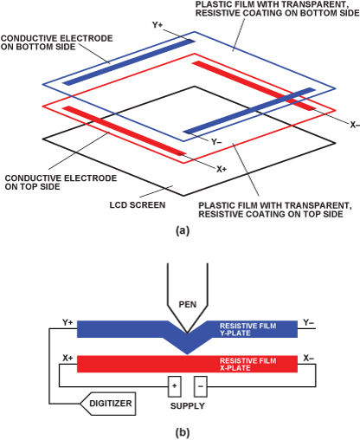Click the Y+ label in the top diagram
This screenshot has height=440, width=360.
157,25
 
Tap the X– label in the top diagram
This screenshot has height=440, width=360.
355,125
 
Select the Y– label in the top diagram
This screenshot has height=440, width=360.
216,142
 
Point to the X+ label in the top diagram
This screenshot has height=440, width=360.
222,169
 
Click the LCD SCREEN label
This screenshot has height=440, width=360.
138,205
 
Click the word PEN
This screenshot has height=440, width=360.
188,304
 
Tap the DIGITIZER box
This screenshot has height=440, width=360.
107,404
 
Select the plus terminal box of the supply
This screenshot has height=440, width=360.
175,386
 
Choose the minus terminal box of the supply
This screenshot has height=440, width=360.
201,386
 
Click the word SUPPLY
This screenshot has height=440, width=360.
188,406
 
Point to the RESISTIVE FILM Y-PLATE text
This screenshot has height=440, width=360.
248,329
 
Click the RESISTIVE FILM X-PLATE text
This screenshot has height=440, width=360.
248,365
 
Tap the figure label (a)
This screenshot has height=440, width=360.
183,230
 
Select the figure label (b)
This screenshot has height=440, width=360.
183,433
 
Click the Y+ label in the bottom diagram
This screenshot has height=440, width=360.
67,322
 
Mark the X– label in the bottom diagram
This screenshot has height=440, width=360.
309,359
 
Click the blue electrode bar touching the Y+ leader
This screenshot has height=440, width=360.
129,62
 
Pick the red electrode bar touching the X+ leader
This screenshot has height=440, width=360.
125,131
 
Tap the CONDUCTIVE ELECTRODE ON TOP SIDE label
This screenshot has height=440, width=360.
61,182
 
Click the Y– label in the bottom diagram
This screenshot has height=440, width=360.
309,322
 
